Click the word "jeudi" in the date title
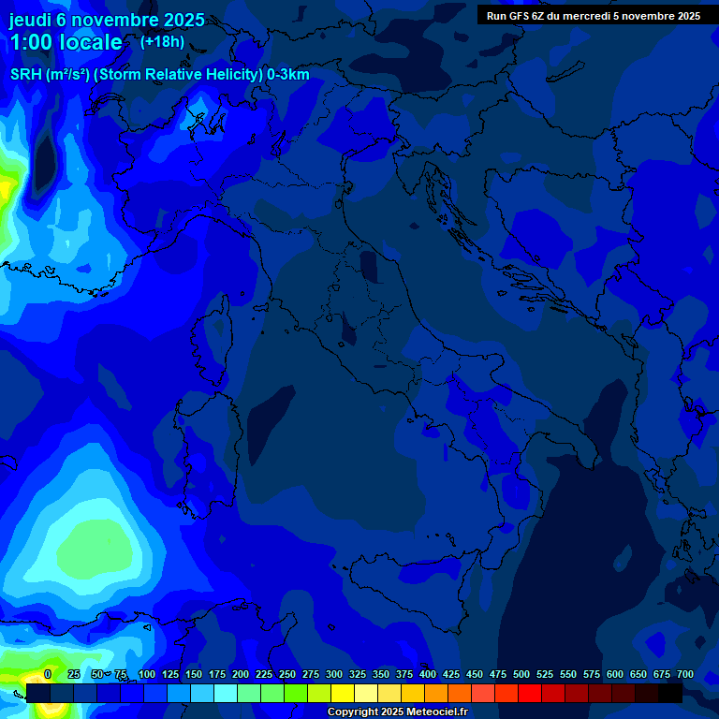(31, 20)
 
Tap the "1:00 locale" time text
(66, 42)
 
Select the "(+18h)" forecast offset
(162, 41)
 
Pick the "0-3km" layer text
(288, 75)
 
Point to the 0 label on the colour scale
(48, 674)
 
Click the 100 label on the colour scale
(147, 674)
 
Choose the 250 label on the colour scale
(287, 674)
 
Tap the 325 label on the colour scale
(358, 674)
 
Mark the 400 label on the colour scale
(428, 674)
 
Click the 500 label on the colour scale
(521, 674)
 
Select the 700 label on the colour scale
(685, 674)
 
